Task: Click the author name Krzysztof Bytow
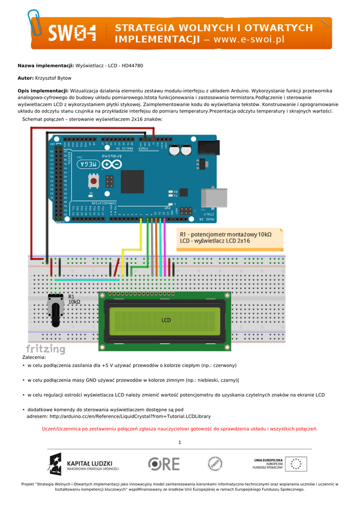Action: pos(53,78)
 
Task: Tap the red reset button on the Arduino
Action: pos(93,181)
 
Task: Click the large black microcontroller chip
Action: pos(132,182)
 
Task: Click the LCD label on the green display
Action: pos(166,320)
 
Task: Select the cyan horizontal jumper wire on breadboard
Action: pos(87,280)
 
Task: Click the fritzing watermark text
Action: pos(45,349)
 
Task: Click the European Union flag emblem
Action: pos(297,464)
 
